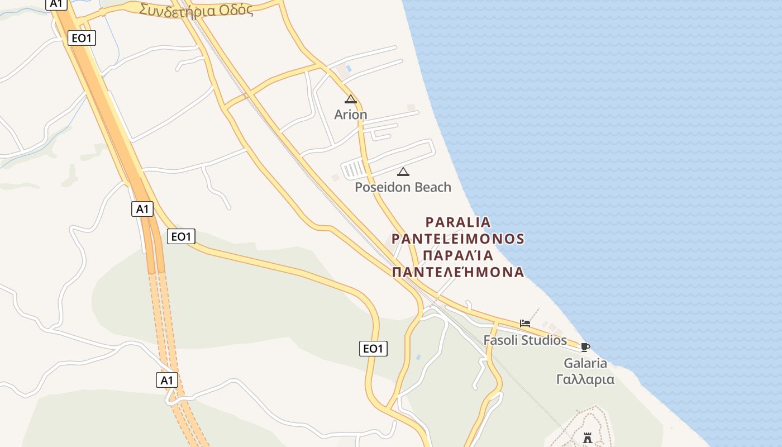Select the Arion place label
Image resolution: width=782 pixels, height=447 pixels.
(x=351, y=115)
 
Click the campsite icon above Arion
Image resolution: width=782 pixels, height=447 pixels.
(x=351, y=99)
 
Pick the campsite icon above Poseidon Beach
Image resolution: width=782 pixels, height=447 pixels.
(x=403, y=172)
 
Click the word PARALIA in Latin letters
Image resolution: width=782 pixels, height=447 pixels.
(x=458, y=222)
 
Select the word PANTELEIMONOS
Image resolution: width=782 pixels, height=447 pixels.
(x=458, y=239)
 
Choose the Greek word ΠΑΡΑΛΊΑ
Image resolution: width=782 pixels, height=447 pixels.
(x=458, y=256)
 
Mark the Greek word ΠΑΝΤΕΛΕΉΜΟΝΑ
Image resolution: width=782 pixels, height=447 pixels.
(x=458, y=273)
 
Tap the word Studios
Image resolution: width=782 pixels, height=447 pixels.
(x=545, y=340)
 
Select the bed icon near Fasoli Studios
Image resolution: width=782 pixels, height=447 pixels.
(x=525, y=324)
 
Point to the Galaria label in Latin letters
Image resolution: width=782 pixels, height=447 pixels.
(x=585, y=363)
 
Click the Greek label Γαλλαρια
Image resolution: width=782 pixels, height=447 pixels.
(x=585, y=379)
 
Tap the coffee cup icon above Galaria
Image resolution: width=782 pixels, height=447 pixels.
(x=585, y=347)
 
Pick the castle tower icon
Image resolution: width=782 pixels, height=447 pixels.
(x=587, y=438)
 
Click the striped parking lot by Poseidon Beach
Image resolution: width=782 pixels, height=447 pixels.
(x=354, y=168)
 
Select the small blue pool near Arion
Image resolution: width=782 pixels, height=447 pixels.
(x=349, y=68)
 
